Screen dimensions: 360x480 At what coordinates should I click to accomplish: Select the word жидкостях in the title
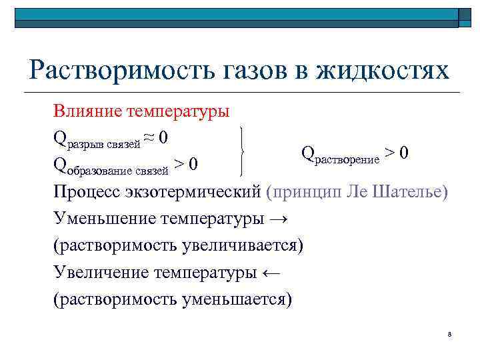click(387, 71)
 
